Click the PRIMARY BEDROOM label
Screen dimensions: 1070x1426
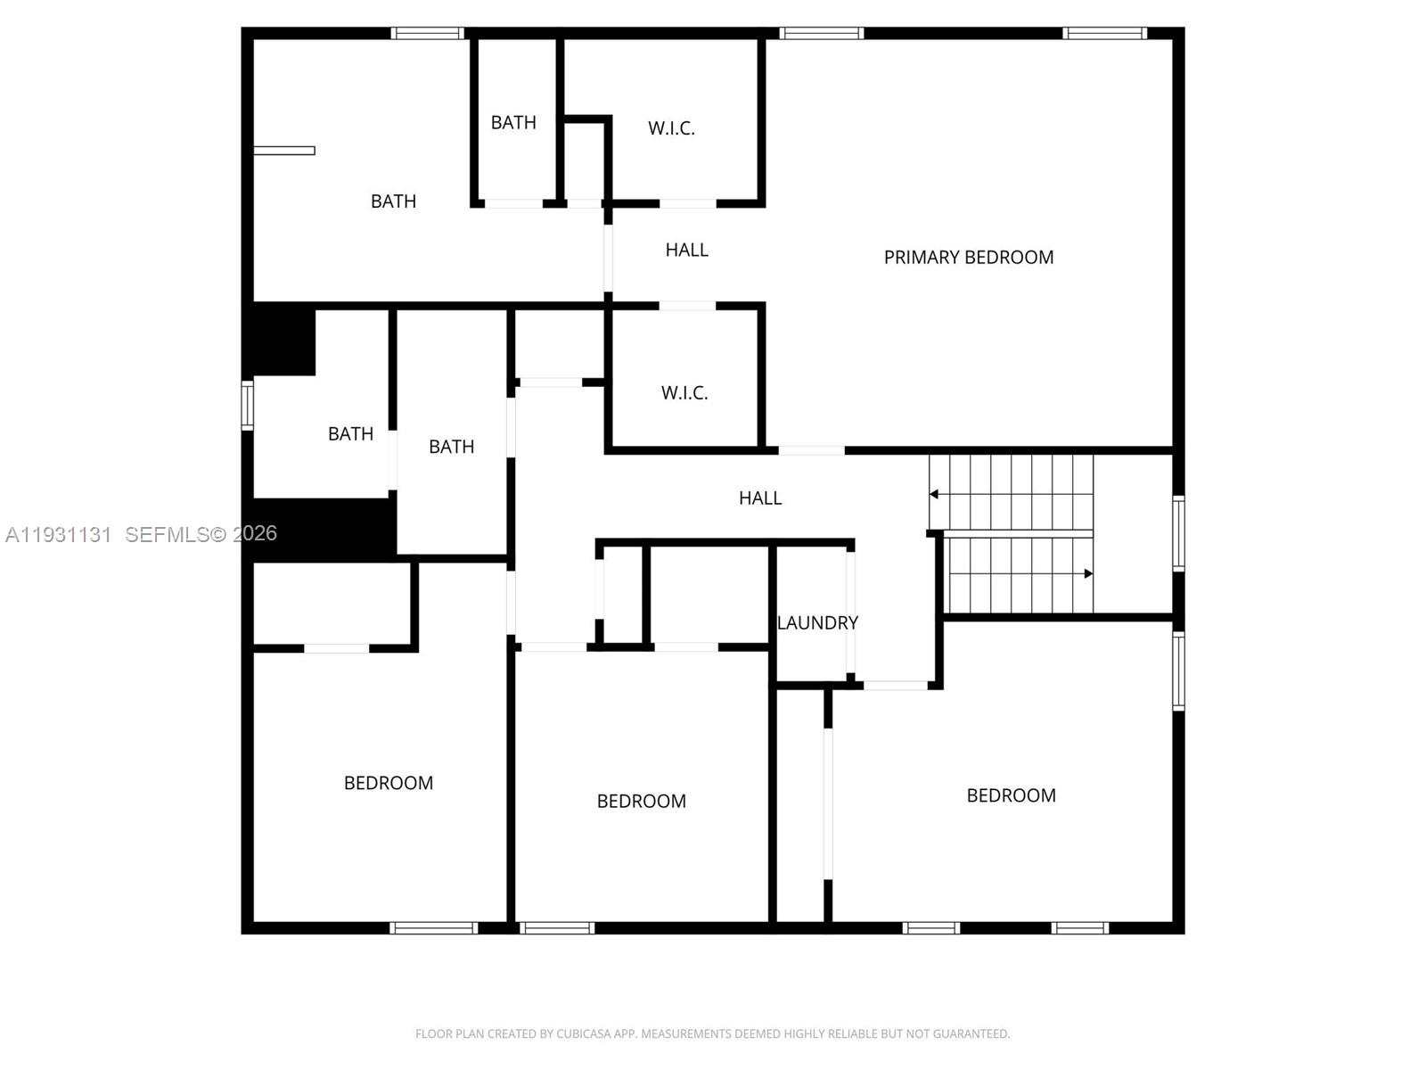point(968,258)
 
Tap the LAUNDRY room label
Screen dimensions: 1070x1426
point(817,623)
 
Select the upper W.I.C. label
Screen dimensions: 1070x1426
point(671,128)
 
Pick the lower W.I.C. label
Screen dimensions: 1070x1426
point(684,393)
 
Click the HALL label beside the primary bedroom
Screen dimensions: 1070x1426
point(686,251)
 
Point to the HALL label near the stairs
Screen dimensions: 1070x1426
point(759,498)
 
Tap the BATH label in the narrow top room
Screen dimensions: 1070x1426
point(513,123)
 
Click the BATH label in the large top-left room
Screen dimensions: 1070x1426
point(393,202)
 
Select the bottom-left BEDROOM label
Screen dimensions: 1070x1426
point(389,783)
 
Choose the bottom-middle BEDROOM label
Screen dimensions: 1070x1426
point(641,802)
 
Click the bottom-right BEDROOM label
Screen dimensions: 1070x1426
point(1011,795)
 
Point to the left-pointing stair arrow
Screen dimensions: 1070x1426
point(934,494)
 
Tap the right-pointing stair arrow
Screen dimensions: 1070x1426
point(1088,573)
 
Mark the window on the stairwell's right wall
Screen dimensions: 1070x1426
point(1178,533)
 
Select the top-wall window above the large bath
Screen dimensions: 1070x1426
point(428,34)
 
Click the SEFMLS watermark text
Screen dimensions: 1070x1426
point(201,534)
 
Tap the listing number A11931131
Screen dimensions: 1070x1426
point(59,534)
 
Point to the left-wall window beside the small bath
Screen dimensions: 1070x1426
point(248,405)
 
